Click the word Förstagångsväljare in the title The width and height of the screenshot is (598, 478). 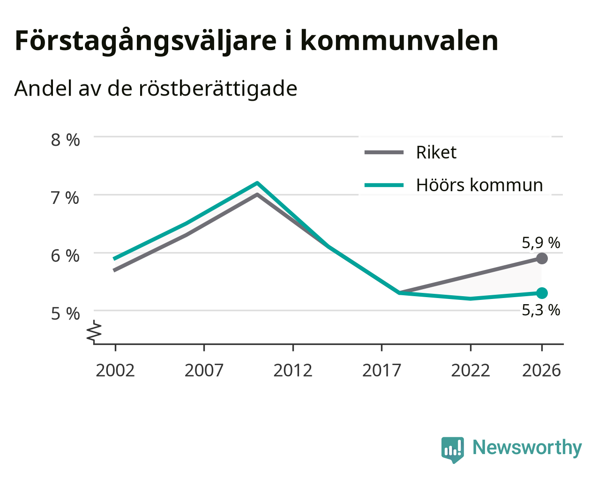(x=146, y=41)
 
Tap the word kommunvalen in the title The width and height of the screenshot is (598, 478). (x=399, y=41)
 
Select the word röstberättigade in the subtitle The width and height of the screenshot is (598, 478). (x=218, y=89)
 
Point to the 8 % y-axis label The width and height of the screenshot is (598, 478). (x=65, y=140)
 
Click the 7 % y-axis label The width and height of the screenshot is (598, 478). (x=65, y=198)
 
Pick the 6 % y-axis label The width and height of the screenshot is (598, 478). (x=65, y=256)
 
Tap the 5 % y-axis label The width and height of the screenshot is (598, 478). (x=65, y=314)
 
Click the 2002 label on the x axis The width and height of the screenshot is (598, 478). (x=115, y=370)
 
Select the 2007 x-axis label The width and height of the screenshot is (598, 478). (x=204, y=370)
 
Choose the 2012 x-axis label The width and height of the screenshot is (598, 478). (x=293, y=370)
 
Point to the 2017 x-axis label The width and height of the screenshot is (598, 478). (x=381, y=370)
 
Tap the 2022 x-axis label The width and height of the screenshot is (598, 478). (x=471, y=370)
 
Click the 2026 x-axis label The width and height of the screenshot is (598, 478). (x=542, y=370)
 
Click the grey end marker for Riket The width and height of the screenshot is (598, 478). (x=542, y=259)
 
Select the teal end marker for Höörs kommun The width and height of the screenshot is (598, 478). (x=542, y=293)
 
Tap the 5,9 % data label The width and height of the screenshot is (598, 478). (x=541, y=243)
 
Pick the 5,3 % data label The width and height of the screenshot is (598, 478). (x=541, y=310)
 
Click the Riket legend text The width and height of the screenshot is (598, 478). (x=436, y=152)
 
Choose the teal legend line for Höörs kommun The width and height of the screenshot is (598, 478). (x=384, y=185)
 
